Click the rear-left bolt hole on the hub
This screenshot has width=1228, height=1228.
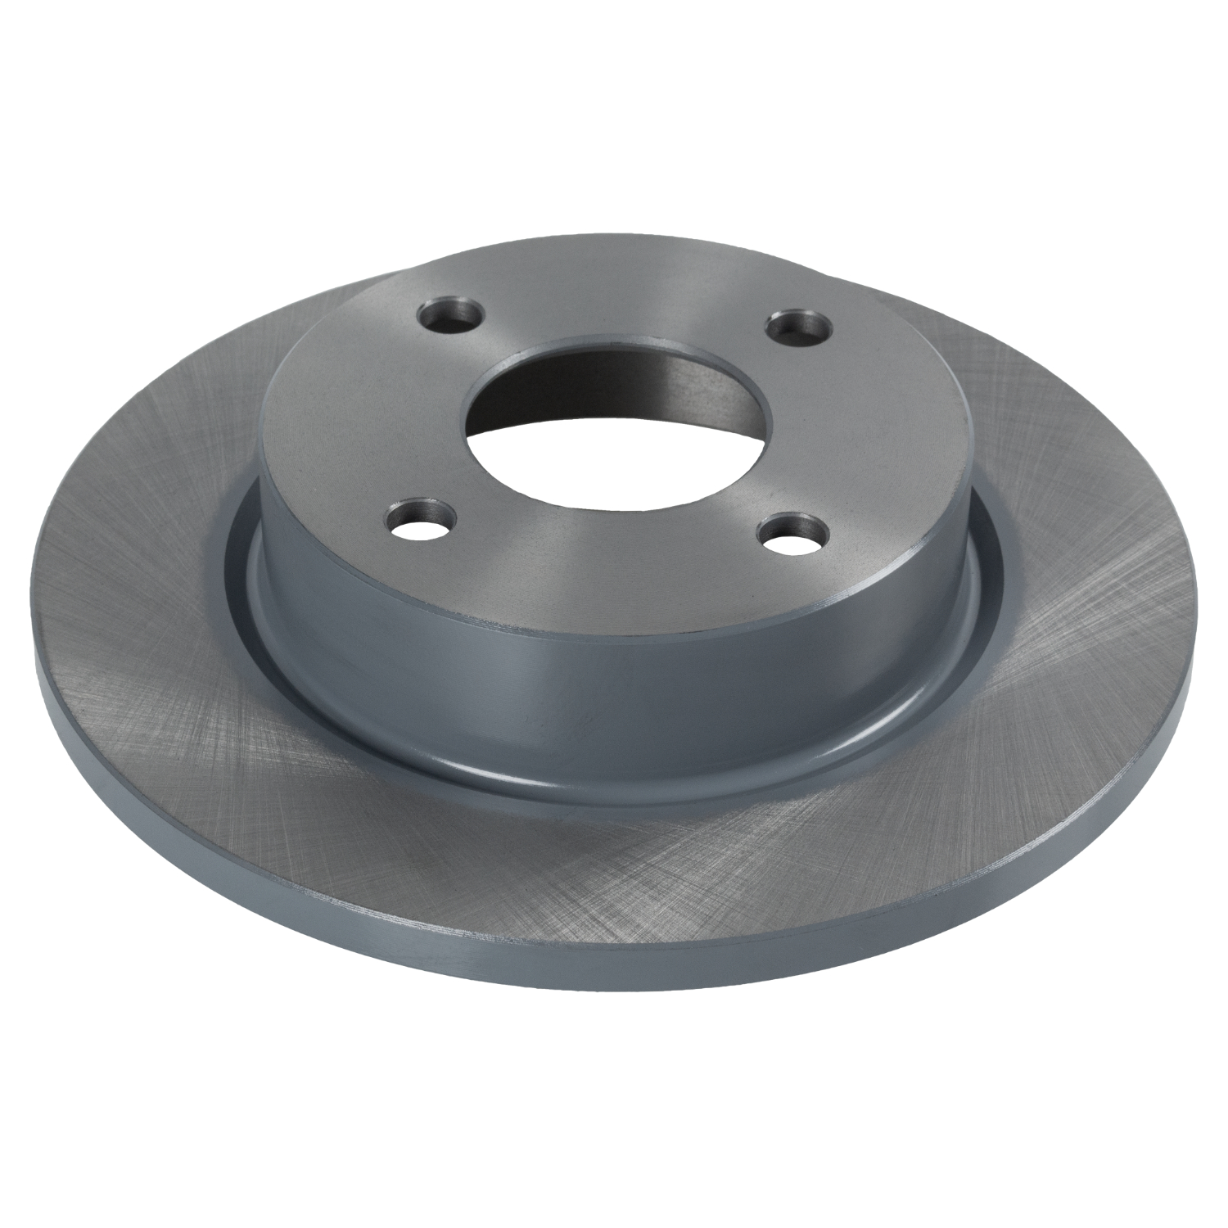450,314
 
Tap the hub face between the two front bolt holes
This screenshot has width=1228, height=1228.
606,565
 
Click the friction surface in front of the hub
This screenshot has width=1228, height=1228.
622,868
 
